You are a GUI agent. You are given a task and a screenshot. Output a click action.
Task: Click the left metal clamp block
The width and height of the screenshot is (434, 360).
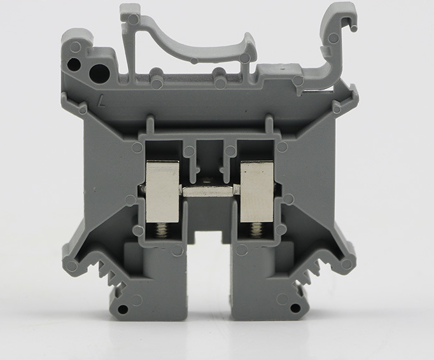[x=162, y=191]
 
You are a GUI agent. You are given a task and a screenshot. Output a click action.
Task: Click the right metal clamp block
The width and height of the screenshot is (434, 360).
[x=257, y=191]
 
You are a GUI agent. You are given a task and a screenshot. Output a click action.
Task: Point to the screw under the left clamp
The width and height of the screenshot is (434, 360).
[x=161, y=231]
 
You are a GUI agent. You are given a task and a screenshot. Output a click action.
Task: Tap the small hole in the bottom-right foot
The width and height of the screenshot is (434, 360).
[x=295, y=308]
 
